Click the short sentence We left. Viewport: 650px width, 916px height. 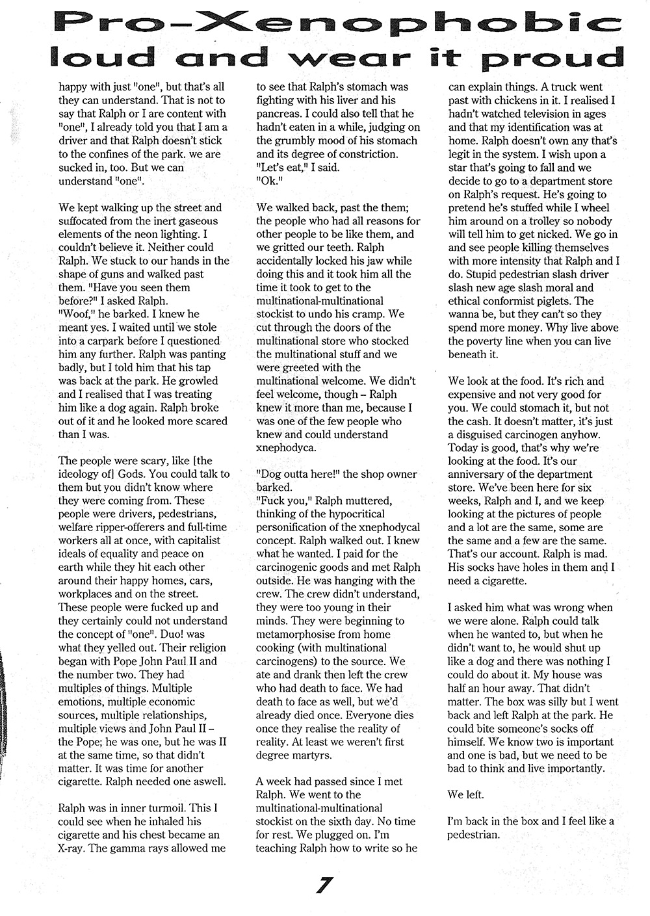pos(465,794)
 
